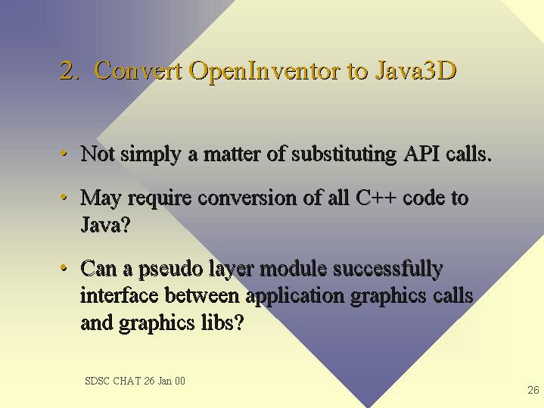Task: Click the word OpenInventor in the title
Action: [264, 71]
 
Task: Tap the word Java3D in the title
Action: [415, 70]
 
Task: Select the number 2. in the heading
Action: [70, 70]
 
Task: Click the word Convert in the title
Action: [138, 70]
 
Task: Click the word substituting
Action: [343, 154]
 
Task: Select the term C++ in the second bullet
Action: [375, 198]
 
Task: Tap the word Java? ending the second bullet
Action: [105, 224]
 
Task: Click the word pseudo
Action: [171, 269]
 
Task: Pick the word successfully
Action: [388, 269]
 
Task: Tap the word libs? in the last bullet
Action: [222, 322]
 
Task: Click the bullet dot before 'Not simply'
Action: [64, 153]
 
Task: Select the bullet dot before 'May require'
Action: [64, 198]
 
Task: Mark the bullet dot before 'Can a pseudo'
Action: [64, 268]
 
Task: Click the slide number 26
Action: [533, 390]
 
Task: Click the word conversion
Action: [247, 198]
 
